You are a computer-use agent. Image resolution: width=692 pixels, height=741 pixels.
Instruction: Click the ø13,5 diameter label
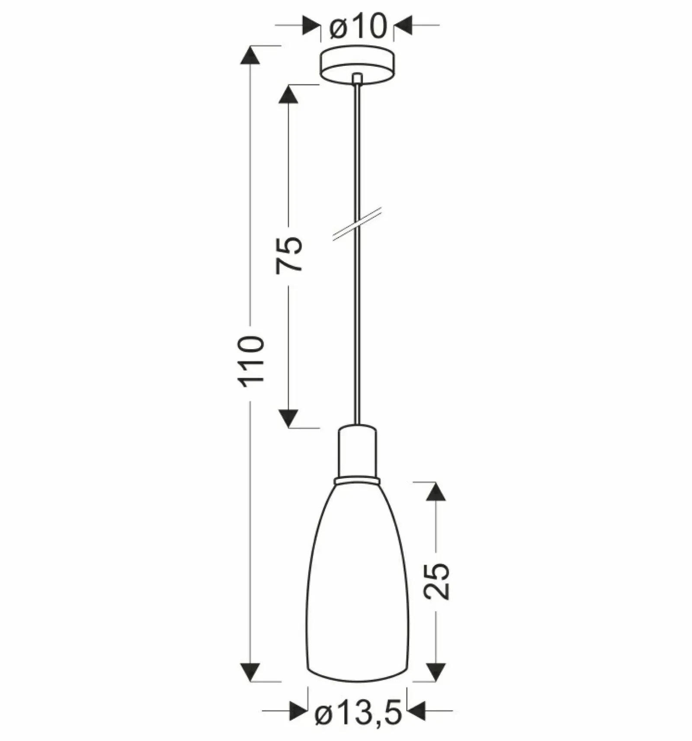coord(359,713)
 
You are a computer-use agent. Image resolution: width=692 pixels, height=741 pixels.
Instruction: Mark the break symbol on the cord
coord(357,224)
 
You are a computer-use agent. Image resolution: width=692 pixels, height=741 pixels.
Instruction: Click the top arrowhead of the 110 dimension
coord(250,55)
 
